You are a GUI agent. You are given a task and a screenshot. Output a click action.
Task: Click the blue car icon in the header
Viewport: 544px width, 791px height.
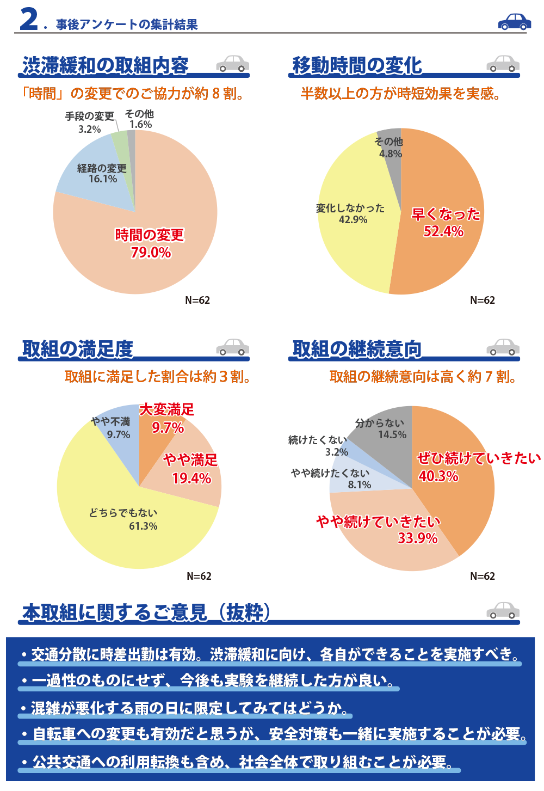(514, 21)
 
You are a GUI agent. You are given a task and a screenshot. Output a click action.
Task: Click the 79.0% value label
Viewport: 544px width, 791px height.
(151, 253)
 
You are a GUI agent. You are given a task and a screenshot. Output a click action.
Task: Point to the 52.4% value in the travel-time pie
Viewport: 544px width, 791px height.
(443, 231)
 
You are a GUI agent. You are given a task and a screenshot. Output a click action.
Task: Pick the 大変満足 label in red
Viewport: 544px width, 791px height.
(166, 409)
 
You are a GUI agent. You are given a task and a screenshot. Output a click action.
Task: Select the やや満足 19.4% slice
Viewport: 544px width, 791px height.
(196, 479)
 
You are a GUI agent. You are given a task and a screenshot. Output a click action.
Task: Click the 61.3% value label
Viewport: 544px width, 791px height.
(143, 526)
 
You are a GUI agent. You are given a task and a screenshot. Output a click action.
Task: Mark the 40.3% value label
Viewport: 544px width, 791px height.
(438, 476)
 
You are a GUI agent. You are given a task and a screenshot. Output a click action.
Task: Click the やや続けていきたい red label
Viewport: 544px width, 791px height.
(378, 522)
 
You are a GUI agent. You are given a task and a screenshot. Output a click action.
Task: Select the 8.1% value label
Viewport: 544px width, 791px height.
(360, 485)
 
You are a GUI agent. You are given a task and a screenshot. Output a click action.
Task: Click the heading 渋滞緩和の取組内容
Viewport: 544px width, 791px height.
(105, 65)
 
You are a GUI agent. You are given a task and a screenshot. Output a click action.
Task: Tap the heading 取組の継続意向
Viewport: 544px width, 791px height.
(357, 349)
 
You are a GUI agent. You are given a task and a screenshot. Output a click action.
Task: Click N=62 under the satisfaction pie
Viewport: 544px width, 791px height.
(199, 576)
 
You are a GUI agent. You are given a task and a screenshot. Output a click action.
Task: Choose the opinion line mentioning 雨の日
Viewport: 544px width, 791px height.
(185, 708)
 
